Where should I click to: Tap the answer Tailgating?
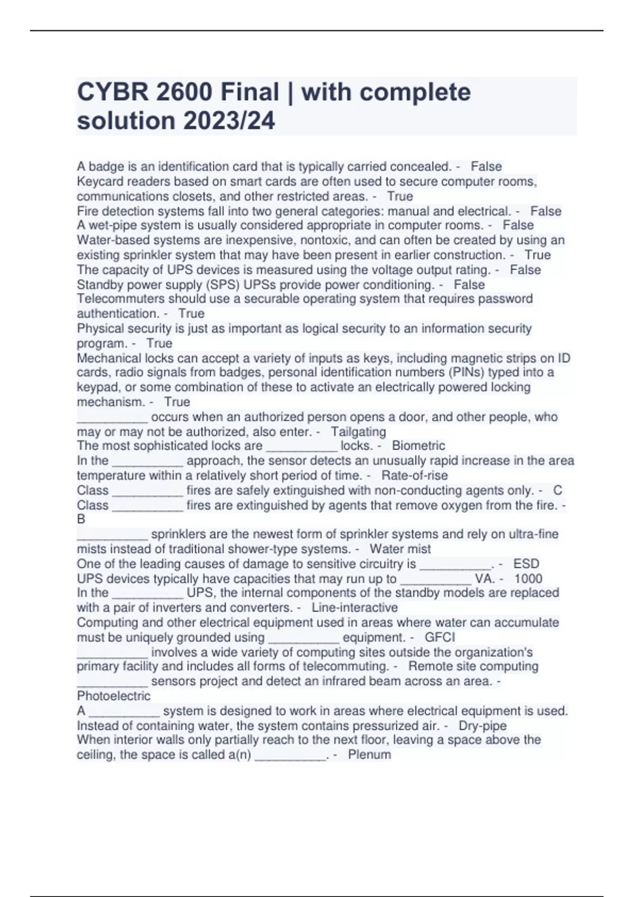pyautogui.click(x=358, y=432)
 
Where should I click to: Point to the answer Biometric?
pyautogui.click(x=418, y=446)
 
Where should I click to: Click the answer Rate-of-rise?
pyautogui.click(x=414, y=475)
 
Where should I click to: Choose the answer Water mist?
pyautogui.click(x=400, y=549)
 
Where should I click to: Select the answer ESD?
pyautogui.click(x=526, y=564)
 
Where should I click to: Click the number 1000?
pyautogui.click(x=528, y=579)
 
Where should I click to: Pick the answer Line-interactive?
pyautogui.click(x=355, y=608)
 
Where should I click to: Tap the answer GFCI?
pyautogui.click(x=440, y=637)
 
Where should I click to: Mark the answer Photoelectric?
pyautogui.click(x=114, y=696)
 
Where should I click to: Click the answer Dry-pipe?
pyautogui.click(x=482, y=726)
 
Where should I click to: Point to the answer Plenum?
pyautogui.click(x=369, y=755)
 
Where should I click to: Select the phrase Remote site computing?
pyautogui.click(x=473, y=666)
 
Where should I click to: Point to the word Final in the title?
pyautogui.click(x=249, y=92)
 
